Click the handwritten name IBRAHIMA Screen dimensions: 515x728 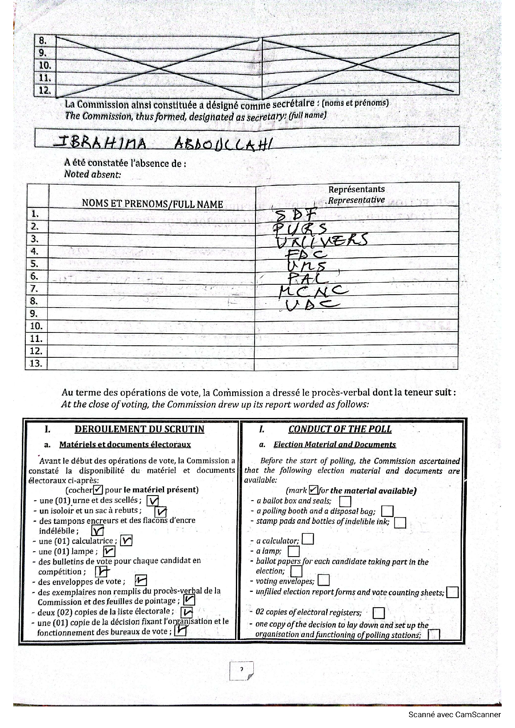[100, 143]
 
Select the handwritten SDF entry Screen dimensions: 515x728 [297, 215]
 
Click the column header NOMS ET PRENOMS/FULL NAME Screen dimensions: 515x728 [152, 204]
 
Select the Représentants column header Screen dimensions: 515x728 [356, 190]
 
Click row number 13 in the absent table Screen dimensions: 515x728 [36, 364]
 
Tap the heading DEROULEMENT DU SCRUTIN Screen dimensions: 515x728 [139, 429]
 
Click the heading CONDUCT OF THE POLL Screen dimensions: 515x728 [340, 429]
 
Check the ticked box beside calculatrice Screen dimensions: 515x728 [126, 540]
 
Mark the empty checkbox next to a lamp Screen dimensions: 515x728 [294, 551]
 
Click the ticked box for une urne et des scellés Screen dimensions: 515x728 [153, 501]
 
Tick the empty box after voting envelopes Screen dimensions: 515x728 [323, 580]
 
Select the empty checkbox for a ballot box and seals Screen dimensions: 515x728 [345, 502]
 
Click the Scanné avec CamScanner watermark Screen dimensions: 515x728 [454, 714]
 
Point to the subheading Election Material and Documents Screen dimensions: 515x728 [334, 445]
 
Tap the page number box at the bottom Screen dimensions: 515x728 [241, 671]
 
